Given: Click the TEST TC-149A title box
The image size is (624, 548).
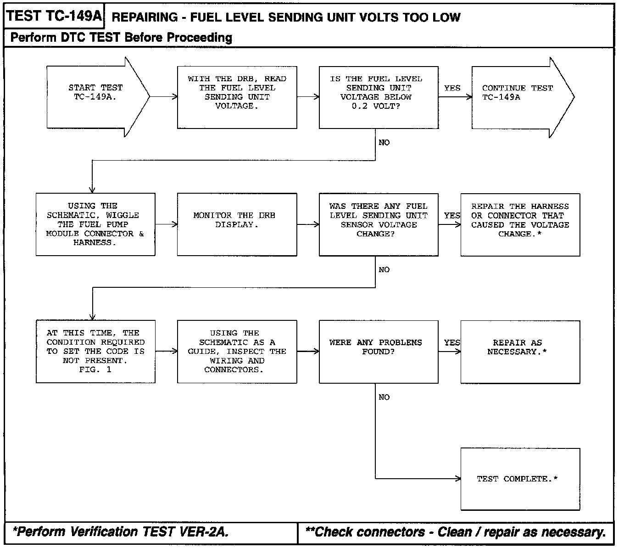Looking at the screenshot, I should [x=54, y=16].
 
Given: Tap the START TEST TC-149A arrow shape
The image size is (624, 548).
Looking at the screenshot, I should [x=95, y=97].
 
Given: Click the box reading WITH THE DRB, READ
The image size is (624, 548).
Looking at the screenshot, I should [x=237, y=97].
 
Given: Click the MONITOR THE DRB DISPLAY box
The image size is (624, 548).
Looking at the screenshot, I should [x=237, y=224].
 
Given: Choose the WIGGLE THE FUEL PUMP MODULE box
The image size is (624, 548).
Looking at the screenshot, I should [x=95, y=224].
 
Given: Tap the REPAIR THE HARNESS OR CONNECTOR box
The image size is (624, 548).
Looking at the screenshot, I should [x=520, y=224].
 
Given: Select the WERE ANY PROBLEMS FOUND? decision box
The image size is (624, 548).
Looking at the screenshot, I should [x=379, y=352].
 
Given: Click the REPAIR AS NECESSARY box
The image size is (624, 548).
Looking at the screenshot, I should [x=520, y=352].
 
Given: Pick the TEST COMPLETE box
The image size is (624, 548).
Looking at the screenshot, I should [x=520, y=479].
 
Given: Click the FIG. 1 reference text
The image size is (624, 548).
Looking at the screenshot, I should [x=95, y=369].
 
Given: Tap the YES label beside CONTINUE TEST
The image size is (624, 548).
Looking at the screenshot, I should [x=452, y=88].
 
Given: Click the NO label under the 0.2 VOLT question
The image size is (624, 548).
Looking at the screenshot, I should [x=384, y=143].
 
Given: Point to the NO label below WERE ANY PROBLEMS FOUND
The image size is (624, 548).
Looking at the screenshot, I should [x=384, y=397].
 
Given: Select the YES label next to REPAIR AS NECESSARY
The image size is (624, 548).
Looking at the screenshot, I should [x=452, y=343].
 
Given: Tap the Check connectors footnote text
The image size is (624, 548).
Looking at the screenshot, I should [x=456, y=532].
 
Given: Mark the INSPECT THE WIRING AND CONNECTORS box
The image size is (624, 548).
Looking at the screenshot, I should [x=237, y=352].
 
